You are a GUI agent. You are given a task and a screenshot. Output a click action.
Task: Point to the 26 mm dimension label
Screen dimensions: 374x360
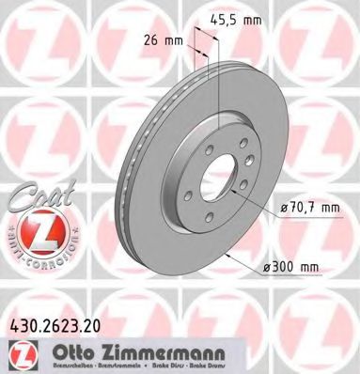pyautogui.click(x=165, y=40)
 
